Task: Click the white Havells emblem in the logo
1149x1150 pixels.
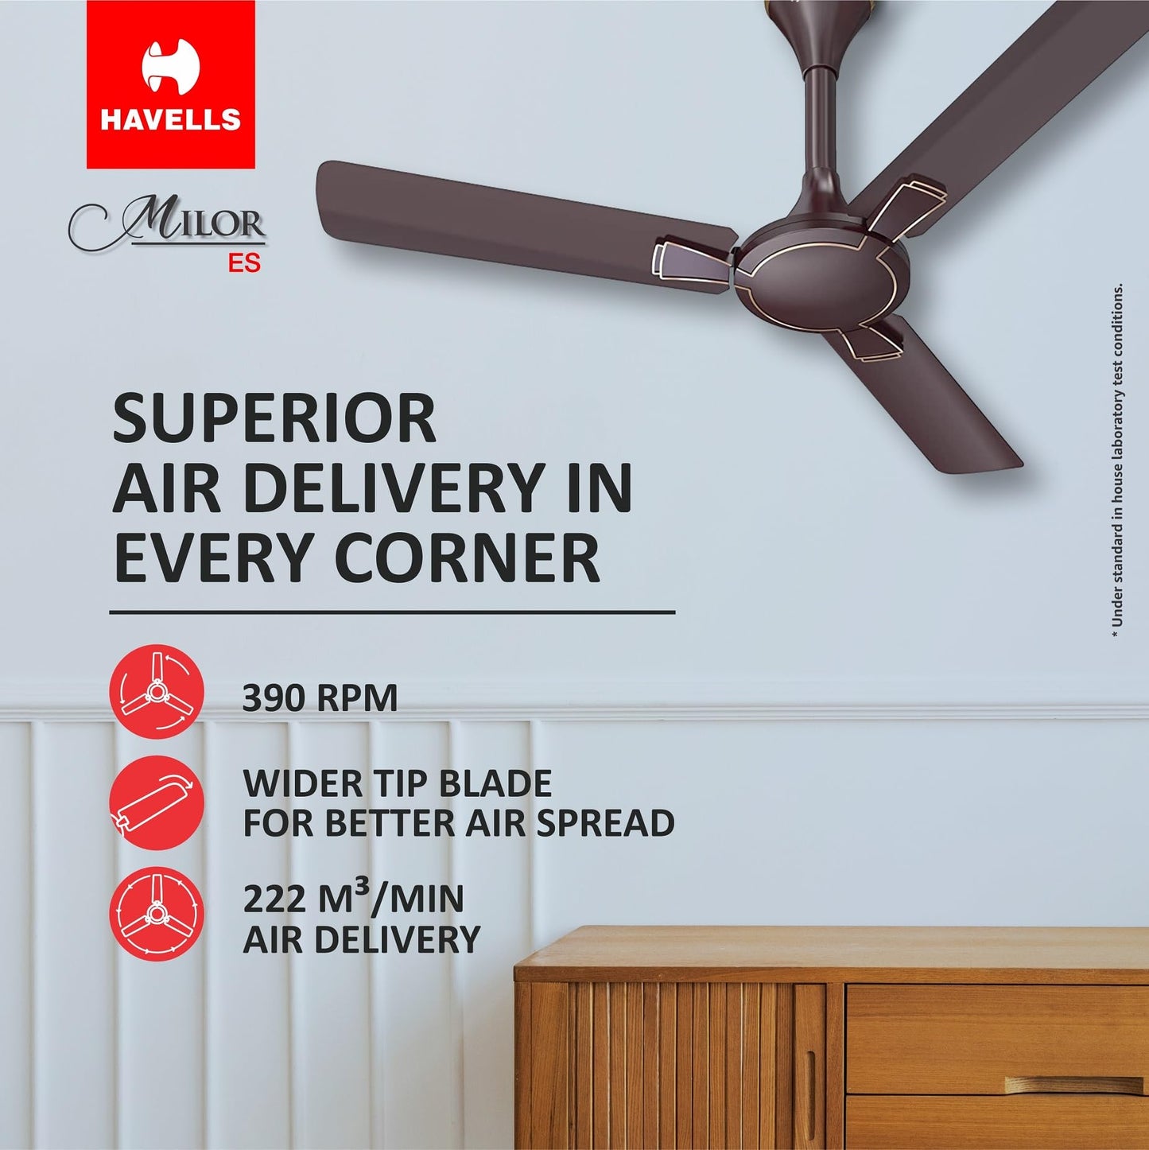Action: point(170,66)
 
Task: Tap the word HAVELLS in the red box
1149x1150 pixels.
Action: point(171,119)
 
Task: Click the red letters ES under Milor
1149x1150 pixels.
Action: point(244,263)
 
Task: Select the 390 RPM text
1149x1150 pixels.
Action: point(320,697)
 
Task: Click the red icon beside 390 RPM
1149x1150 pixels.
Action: point(157,692)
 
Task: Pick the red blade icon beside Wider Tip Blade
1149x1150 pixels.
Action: point(157,802)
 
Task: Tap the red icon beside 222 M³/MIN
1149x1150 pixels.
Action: point(157,915)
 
